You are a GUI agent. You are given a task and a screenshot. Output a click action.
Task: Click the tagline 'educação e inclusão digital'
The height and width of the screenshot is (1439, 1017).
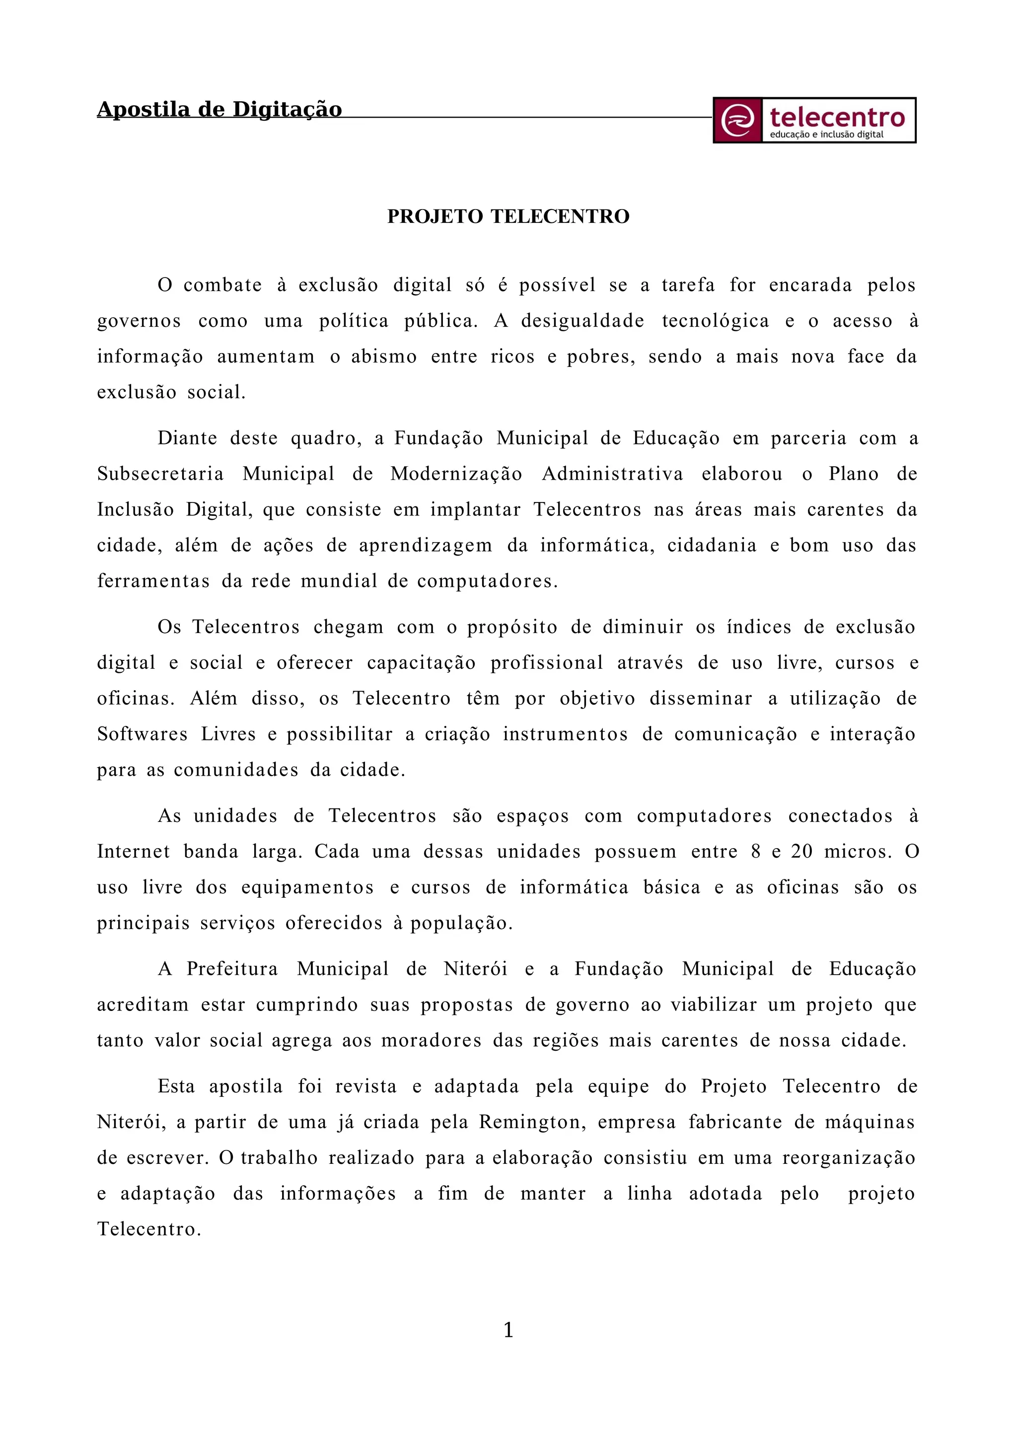[826, 135]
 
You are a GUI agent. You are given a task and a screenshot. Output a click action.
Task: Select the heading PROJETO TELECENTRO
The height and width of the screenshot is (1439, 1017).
[508, 216]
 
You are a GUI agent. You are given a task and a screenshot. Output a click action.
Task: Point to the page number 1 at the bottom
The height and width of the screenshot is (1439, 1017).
[508, 1330]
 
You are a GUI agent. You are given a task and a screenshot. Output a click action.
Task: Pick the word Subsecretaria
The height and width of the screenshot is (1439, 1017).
[160, 474]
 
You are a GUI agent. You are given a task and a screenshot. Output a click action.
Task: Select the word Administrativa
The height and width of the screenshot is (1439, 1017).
[612, 474]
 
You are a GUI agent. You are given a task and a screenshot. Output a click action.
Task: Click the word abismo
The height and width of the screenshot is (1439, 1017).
[383, 357]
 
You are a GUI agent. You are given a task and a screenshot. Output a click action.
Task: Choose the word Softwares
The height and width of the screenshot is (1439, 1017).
[142, 734]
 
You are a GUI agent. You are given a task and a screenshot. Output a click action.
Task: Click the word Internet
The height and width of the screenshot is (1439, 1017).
[133, 852]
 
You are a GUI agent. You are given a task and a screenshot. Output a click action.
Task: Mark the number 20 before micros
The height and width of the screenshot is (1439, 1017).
[801, 852]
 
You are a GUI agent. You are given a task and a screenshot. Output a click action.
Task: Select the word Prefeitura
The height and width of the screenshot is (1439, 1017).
[232, 969]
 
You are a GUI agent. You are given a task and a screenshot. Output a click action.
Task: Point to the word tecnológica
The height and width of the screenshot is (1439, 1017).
[715, 321]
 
